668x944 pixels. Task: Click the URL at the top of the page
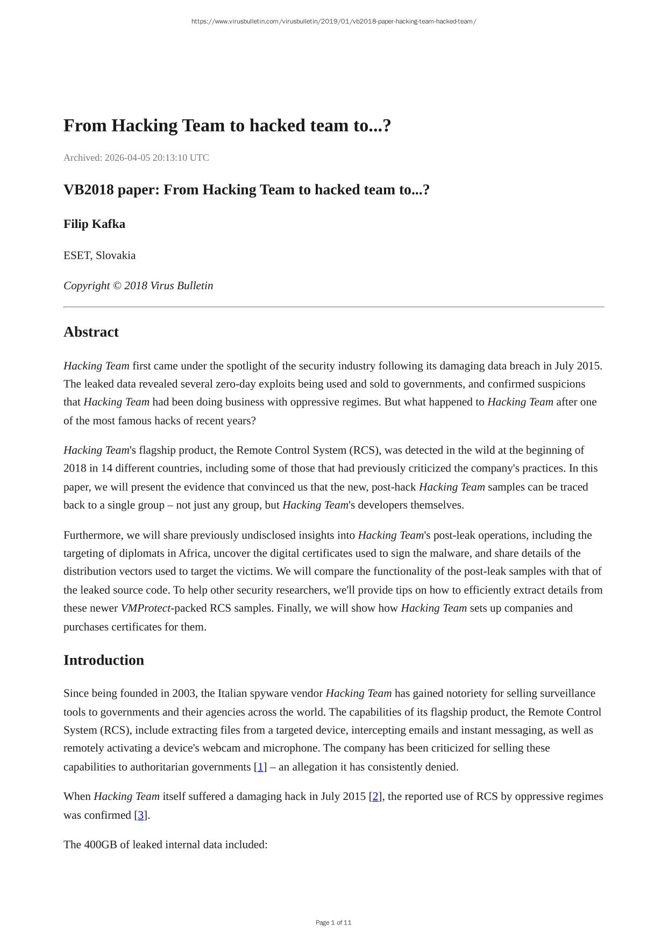[333, 22]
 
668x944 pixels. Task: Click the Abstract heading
[91, 332]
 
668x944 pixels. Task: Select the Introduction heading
[104, 660]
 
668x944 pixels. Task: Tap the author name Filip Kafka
[94, 224]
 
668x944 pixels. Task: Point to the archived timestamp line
[136, 158]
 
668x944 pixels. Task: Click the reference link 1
[260, 767]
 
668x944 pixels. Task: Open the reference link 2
[375, 796]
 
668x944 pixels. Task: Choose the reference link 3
[141, 815]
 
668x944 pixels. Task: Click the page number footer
[333, 922]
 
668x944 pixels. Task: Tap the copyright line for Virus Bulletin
[138, 285]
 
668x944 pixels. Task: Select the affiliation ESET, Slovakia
[100, 255]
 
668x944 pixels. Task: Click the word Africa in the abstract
[193, 553]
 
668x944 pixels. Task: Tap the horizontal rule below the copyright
[333, 307]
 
